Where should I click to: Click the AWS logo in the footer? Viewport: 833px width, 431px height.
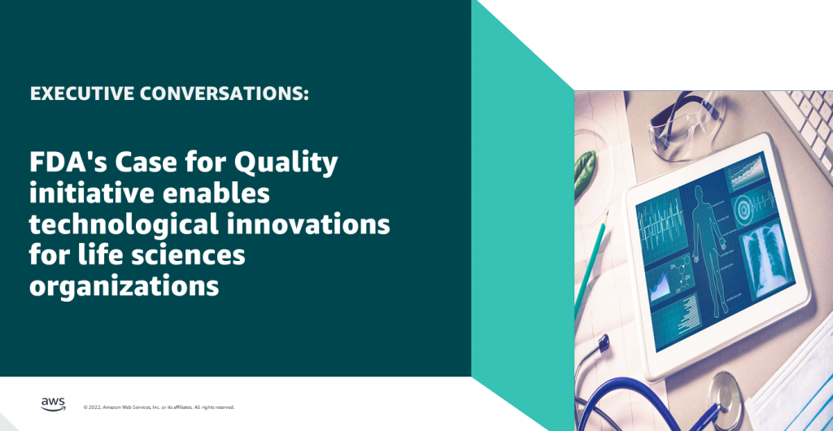[52, 404]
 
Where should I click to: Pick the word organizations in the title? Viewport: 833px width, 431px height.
[124, 285]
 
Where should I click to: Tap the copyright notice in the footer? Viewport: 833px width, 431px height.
[159, 407]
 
